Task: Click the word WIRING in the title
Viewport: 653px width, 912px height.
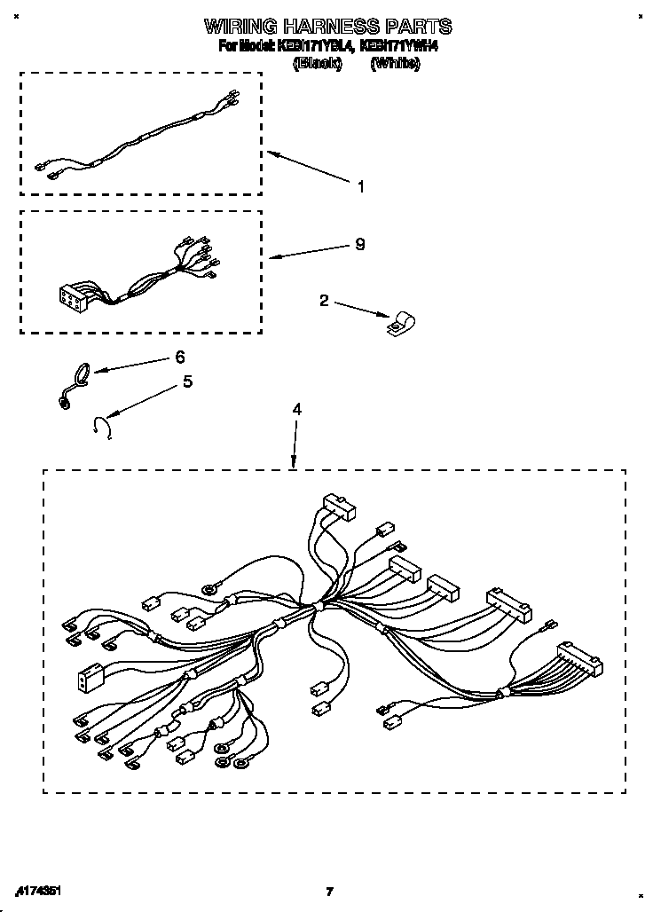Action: point(238,26)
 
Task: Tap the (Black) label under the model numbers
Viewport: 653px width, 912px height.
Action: point(318,63)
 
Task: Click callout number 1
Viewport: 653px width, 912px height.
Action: point(360,186)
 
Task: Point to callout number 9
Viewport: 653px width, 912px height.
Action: point(359,244)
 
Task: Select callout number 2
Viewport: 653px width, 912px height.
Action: point(324,302)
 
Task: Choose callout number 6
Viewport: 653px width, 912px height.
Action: point(180,357)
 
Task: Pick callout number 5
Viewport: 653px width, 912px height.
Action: point(187,381)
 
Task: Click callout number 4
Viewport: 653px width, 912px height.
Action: point(297,409)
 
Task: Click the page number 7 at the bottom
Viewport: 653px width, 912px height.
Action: point(328,892)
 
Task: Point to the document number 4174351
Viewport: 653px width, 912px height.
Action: point(39,890)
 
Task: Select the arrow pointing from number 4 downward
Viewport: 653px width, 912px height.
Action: point(295,444)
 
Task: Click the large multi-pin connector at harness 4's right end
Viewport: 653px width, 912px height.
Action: point(578,660)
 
